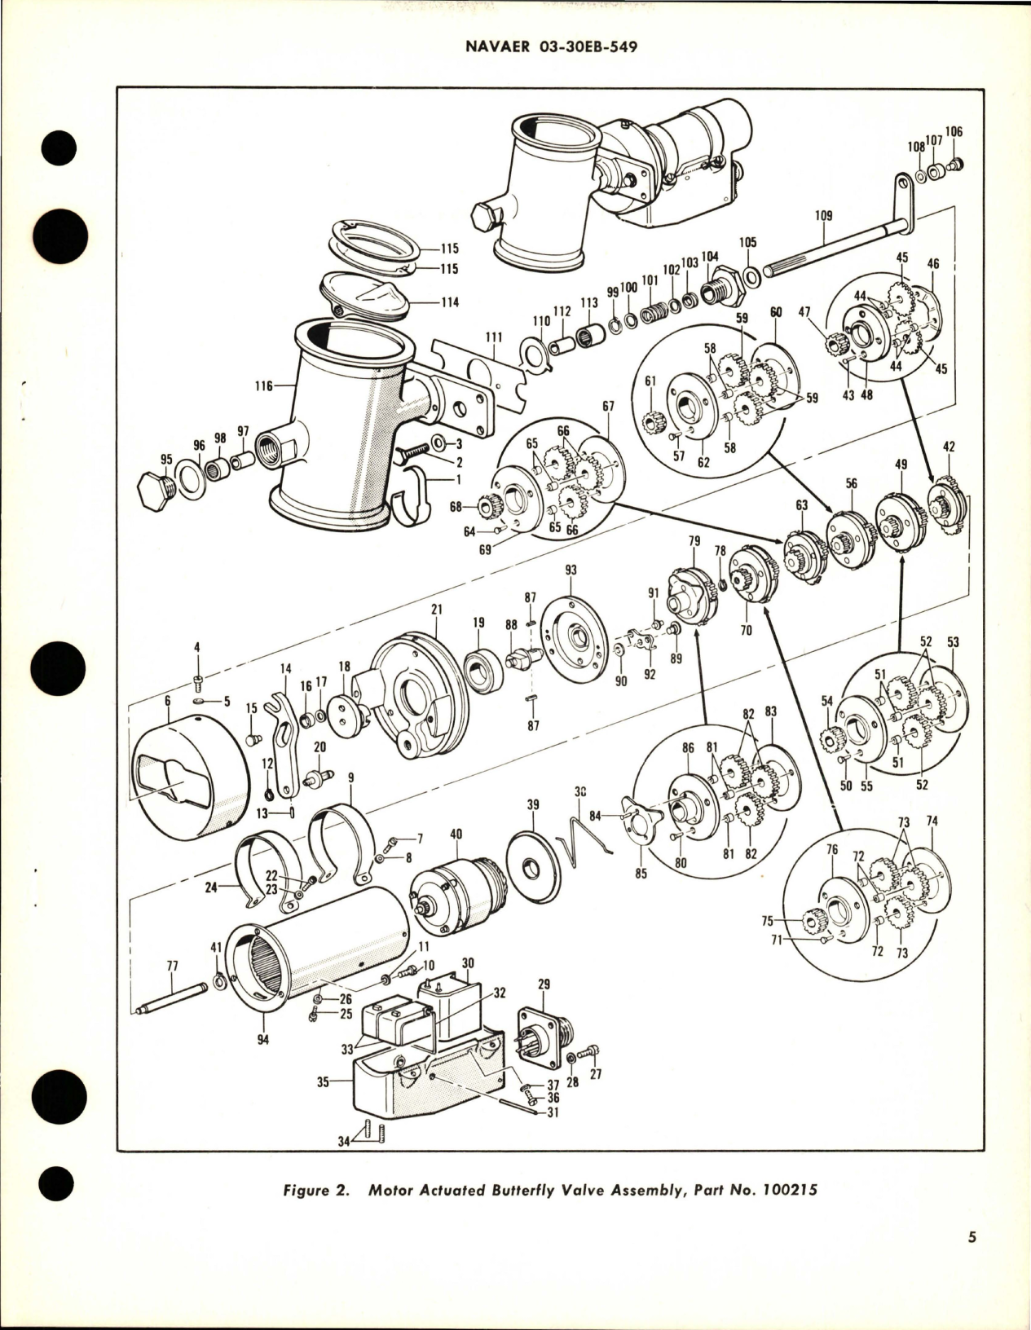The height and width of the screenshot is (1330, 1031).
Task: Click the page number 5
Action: tap(972, 1261)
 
